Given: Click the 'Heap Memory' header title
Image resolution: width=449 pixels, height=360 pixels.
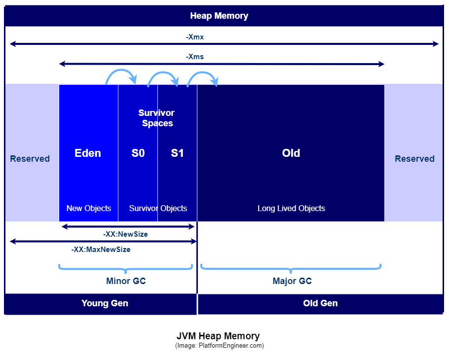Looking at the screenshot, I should [x=219, y=16].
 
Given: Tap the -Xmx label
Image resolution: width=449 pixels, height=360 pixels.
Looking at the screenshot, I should [x=195, y=37].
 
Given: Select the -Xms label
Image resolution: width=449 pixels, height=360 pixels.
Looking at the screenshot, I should [x=195, y=57].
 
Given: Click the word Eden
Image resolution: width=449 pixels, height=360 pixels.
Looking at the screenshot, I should [x=88, y=153].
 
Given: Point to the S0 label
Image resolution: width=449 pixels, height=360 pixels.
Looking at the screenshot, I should [x=138, y=153].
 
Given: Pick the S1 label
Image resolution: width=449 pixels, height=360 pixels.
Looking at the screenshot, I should [x=177, y=153].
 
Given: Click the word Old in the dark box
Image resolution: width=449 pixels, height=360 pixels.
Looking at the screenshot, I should [x=291, y=153].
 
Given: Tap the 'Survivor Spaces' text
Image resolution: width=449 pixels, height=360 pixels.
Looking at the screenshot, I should [x=157, y=118].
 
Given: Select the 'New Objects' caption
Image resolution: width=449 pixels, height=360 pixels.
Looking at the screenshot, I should [x=89, y=208].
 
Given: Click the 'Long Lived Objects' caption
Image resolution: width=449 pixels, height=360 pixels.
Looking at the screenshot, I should [x=291, y=208].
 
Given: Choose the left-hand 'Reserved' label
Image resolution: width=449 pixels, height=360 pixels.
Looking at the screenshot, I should [x=30, y=159].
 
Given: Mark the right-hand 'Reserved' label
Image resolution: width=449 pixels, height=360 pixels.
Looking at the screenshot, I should [x=414, y=159].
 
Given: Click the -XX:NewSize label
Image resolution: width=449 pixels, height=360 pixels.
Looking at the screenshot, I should [x=125, y=234].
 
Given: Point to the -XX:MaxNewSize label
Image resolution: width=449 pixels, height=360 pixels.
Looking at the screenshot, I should [x=101, y=250].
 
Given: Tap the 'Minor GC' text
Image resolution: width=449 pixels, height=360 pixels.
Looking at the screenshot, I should [x=126, y=281].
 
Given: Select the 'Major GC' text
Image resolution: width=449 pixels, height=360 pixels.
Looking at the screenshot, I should [x=292, y=281].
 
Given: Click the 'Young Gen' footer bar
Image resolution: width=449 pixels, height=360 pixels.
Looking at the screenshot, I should [x=105, y=303].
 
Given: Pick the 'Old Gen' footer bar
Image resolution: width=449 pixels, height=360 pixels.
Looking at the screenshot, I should [x=320, y=303].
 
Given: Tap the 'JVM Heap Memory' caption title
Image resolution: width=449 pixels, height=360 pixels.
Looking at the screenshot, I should [x=218, y=336].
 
